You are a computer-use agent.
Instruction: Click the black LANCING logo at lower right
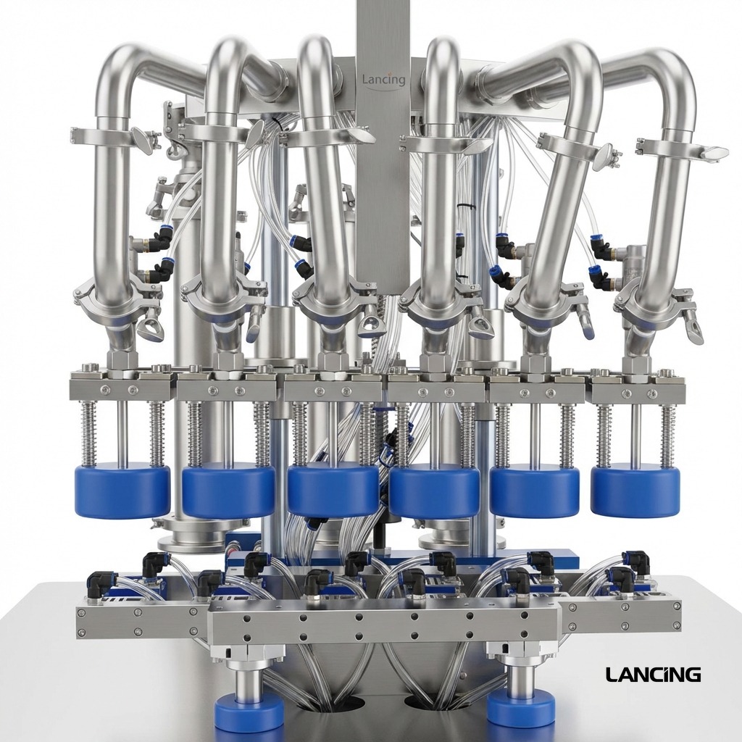click(653, 675)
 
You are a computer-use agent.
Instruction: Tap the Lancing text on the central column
click(383, 79)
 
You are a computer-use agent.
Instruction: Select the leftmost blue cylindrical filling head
click(122, 491)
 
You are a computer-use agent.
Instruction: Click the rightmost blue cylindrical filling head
click(635, 491)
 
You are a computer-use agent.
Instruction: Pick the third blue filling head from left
click(333, 491)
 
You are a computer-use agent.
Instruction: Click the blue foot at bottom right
click(520, 707)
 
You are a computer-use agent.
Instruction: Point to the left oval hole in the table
click(346, 703)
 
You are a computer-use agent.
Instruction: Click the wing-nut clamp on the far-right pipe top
click(681, 151)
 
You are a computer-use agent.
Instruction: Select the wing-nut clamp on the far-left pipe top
click(112, 138)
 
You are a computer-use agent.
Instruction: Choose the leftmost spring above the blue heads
click(88, 434)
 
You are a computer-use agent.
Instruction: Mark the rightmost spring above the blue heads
click(667, 435)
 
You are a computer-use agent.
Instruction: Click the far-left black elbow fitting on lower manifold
click(99, 583)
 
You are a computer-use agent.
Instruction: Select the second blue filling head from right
click(534, 491)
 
